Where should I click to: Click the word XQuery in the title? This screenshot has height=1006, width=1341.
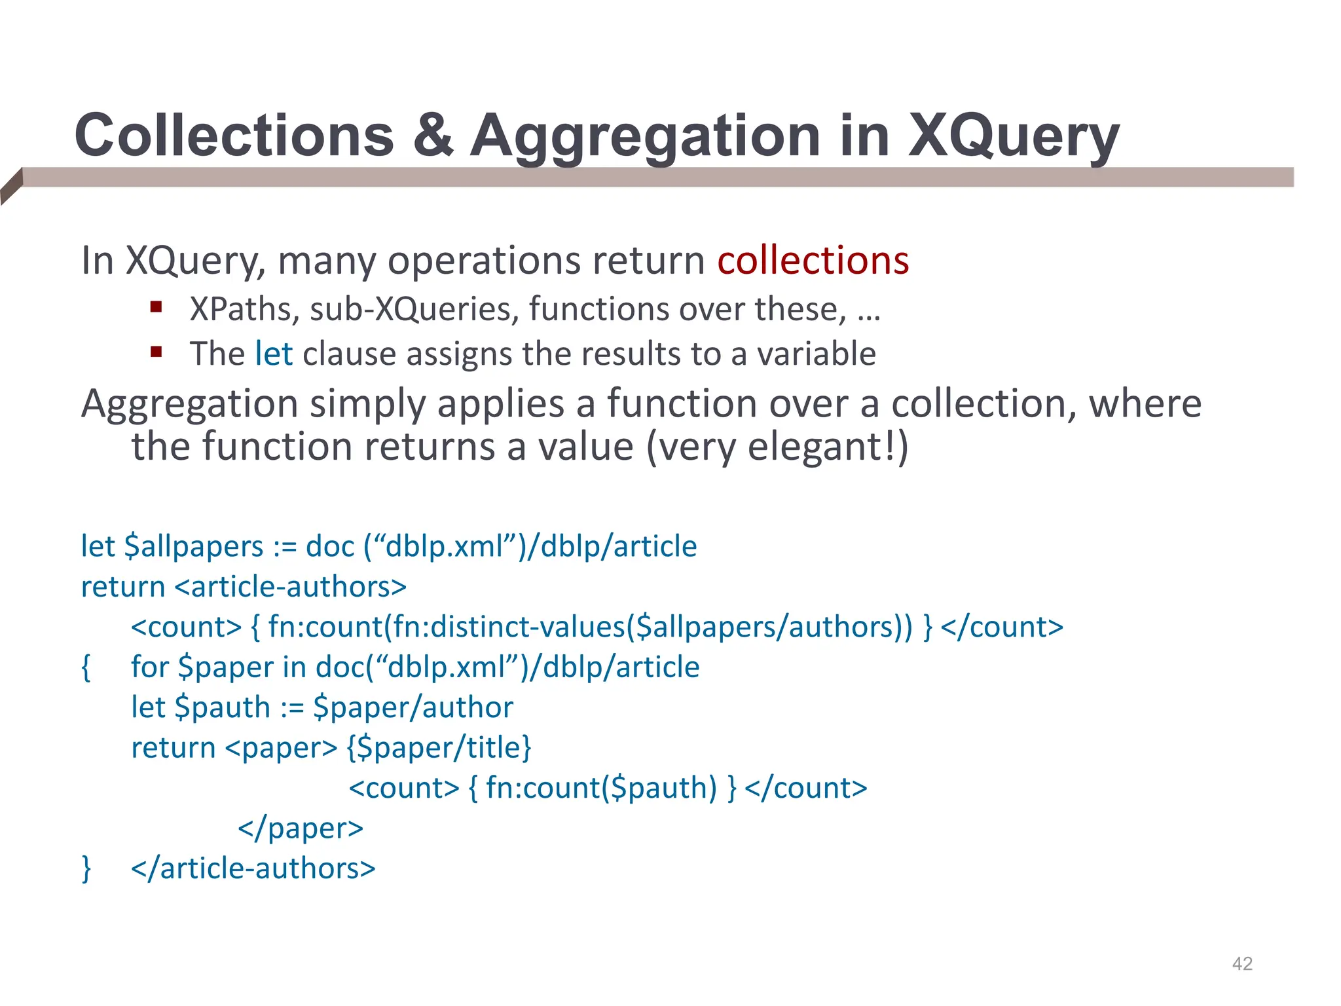pyautogui.click(x=1013, y=136)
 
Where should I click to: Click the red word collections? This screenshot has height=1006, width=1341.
pyautogui.click(x=813, y=260)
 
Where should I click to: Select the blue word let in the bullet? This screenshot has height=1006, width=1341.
pyautogui.click(x=274, y=354)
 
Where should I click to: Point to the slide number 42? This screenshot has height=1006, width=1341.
pyautogui.click(x=1242, y=963)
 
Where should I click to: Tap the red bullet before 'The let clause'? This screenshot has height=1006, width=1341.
pyautogui.click(x=156, y=352)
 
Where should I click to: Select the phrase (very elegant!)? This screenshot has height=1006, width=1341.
pyautogui.click(x=777, y=447)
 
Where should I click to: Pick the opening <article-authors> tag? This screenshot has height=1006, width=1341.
pyautogui.click(x=291, y=586)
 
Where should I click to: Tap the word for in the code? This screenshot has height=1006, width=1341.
pyautogui.click(x=150, y=667)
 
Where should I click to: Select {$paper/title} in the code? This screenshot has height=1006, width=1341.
pyautogui.click(x=439, y=747)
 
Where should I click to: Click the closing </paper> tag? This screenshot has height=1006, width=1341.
pyautogui.click(x=301, y=828)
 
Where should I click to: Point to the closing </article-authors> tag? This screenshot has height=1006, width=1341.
pyautogui.click(x=253, y=868)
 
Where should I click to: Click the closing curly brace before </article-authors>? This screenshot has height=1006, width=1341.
pyautogui.click(x=86, y=868)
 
